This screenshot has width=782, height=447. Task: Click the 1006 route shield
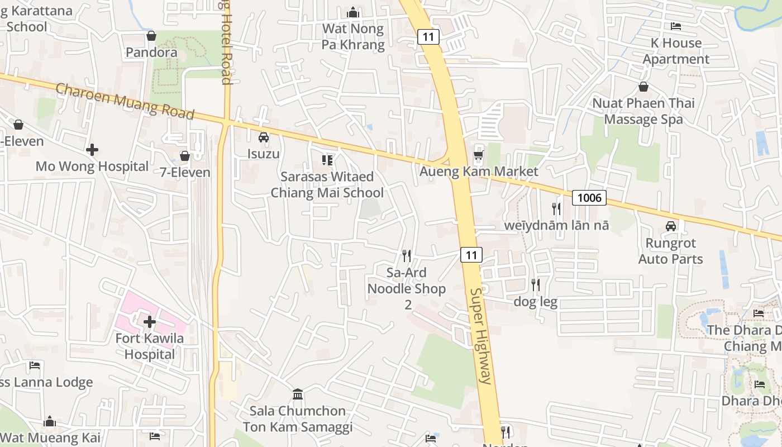click(589, 197)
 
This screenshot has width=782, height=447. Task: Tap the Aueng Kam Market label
click(479, 172)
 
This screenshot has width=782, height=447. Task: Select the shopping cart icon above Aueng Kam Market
click(478, 154)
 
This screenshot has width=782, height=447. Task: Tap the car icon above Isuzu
click(264, 137)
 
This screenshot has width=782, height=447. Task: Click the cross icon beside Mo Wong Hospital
click(92, 150)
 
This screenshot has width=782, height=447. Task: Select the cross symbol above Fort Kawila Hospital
click(150, 322)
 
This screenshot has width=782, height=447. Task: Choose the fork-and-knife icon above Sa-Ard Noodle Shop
click(407, 256)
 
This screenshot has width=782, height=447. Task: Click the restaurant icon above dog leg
click(535, 285)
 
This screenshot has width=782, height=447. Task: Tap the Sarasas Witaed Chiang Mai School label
click(327, 185)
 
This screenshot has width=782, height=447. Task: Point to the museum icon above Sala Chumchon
click(298, 394)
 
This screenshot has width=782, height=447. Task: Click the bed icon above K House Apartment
click(676, 26)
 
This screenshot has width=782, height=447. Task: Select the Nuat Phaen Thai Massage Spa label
click(643, 111)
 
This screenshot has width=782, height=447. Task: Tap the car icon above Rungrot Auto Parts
click(671, 226)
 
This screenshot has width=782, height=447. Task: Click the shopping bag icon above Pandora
click(151, 36)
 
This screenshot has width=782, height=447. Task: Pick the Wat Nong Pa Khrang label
click(353, 37)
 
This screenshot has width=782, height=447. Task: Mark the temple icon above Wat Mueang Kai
click(50, 421)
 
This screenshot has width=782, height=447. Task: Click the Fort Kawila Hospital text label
click(150, 346)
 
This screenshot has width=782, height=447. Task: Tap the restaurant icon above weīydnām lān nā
click(556, 209)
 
